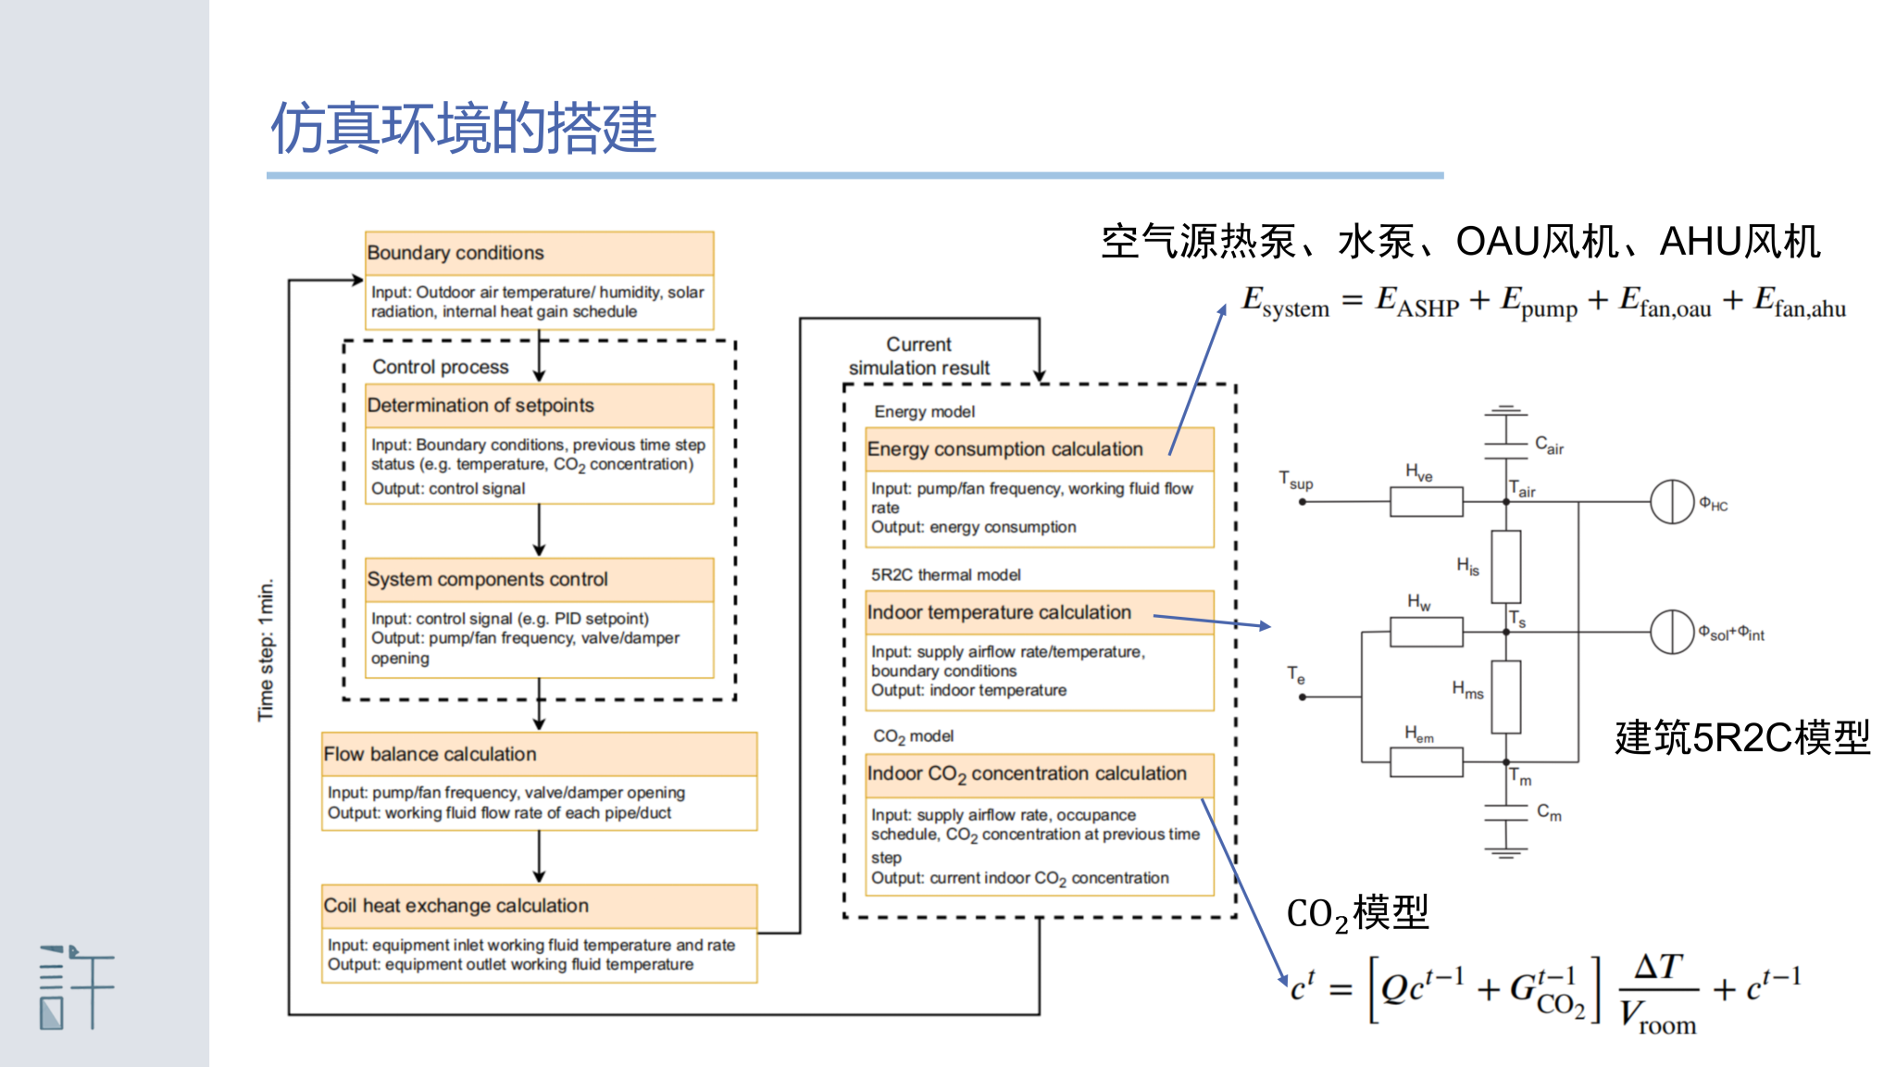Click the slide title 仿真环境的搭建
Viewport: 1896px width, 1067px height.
(x=463, y=128)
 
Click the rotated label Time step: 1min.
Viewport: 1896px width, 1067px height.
(x=267, y=649)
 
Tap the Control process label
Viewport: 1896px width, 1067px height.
(x=441, y=367)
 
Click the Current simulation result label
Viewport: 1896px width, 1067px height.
(x=918, y=357)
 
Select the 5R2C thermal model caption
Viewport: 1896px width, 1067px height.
(x=945, y=575)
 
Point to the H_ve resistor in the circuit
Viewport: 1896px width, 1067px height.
(x=1426, y=502)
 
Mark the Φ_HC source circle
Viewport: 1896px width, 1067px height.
(x=1672, y=502)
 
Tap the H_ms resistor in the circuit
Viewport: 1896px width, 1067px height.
(x=1506, y=697)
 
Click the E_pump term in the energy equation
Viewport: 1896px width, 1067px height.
(x=1539, y=303)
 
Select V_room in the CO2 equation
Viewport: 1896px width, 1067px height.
(x=1658, y=1017)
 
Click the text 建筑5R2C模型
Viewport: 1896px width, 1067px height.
(x=1742, y=738)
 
